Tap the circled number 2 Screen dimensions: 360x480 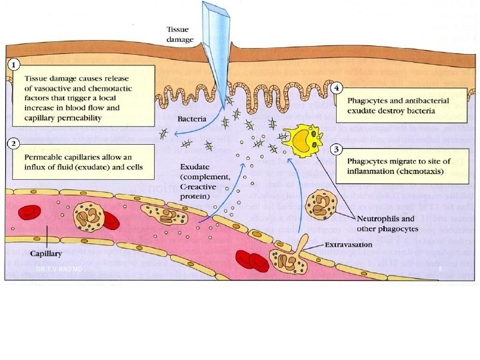point(13,143)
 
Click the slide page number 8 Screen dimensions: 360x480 point(441,269)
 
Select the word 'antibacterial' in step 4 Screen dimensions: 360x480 point(425,100)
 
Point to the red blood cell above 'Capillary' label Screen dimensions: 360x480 point(29,213)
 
